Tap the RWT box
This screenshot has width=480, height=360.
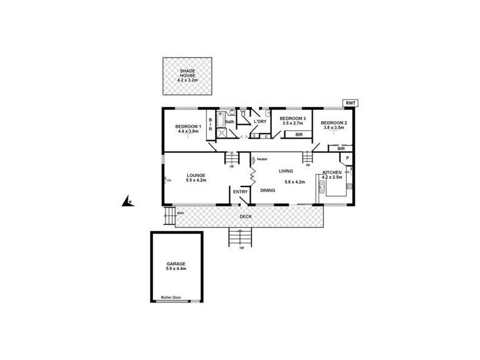coord(350,103)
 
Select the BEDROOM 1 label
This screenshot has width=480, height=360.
coord(187,127)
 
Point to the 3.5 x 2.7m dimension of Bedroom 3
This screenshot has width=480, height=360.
coord(293,124)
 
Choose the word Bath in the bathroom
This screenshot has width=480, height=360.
coord(229,122)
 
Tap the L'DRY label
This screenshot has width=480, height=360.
coord(260,122)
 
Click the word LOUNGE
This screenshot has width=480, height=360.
coord(196,175)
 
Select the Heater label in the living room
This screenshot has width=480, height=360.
coord(262,159)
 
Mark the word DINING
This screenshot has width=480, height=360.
coord(268,191)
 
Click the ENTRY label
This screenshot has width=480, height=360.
coord(241,192)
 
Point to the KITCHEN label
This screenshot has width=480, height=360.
coord(332,172)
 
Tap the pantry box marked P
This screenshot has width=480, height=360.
coord(347,158)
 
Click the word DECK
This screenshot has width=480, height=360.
coord(245,216)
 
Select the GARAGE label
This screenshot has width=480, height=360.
coord(176,263)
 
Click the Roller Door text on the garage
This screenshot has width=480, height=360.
coord(172,297)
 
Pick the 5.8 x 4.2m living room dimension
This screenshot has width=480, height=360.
coord(295,182)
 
